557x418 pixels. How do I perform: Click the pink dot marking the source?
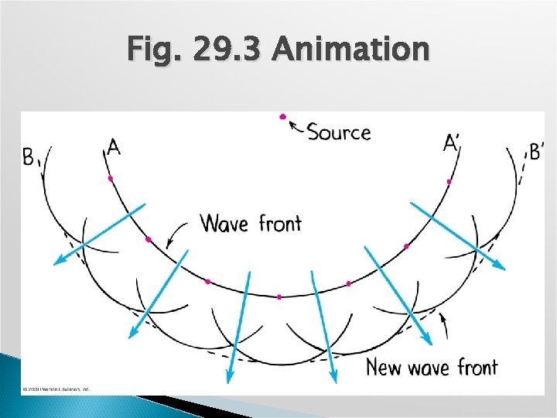click(x=283, y=117)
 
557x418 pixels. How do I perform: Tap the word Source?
click(x=339, y=132)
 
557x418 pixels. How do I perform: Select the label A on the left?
click(x=114, y=146)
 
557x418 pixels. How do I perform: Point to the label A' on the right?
click(x=450, y=143)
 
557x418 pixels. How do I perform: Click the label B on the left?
click(x=29, y=157)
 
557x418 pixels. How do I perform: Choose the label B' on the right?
click(x=535, y=151)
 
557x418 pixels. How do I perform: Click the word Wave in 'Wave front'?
click(x=224, y=224)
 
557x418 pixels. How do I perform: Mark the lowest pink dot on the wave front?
click(x=279, y=296)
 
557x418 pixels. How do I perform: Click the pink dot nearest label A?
click(x=111, y=179)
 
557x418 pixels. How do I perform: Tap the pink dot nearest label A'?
click(x=449, y=181)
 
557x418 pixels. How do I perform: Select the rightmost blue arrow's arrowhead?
click(x=501, y=266)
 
